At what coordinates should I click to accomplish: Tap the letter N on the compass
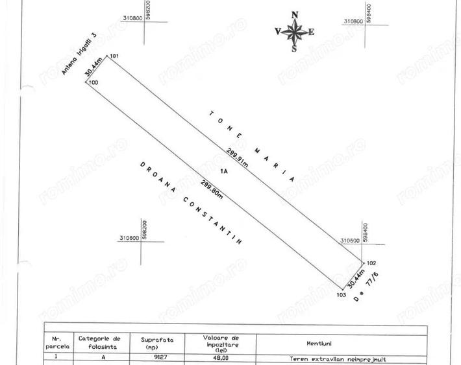[295, 15]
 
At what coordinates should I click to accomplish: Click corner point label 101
[115, 57]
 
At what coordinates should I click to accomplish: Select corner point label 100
[93, 83]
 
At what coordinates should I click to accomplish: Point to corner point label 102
[371, 263]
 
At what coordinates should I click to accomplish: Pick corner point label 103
[341, 295]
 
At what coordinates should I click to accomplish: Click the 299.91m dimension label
[237, 158]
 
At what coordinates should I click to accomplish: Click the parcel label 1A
[224, 172]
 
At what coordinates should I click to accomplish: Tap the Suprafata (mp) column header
[154, 342]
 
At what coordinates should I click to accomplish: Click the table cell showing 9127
[154, 357]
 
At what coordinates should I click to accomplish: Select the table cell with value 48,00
[220, 357]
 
